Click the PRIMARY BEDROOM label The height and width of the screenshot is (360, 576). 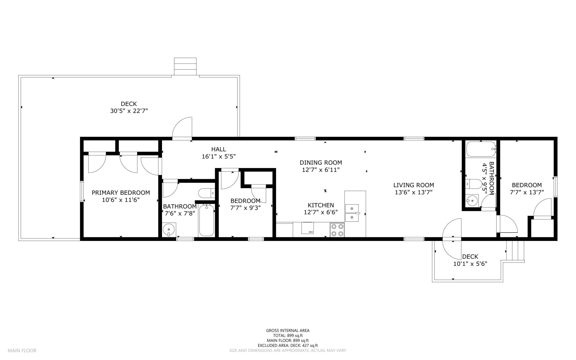(x=121, y=193)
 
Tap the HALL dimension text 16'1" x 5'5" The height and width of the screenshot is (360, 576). (x=219, y=156)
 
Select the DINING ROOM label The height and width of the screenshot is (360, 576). (x=321, y=163)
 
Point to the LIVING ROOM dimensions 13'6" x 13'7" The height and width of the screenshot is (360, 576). (x=413, y=192)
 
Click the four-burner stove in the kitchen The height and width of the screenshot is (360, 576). (x=337, y=230)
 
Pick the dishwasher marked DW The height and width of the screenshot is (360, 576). (x=307, y=228)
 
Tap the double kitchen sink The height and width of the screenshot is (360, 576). (x=352, y=213)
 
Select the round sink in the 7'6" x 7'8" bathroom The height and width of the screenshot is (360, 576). (x=169, y=230)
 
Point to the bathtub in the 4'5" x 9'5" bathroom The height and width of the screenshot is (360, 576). (x=481, y=149)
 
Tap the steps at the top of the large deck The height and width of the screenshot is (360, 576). (x=185, y=66)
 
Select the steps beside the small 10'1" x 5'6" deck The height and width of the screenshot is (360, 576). (x=515, y=251)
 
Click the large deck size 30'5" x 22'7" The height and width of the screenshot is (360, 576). (x=129, y=111)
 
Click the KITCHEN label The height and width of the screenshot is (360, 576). (x=321, y=205)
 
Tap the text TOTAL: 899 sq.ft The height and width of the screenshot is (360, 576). (x=288, y=336)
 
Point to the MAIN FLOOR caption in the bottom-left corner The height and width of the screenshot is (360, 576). (x=22, y=350)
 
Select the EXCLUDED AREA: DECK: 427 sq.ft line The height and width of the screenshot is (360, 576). (x=288, y=346)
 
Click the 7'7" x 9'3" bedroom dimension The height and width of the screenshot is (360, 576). (x=245, y=208)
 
